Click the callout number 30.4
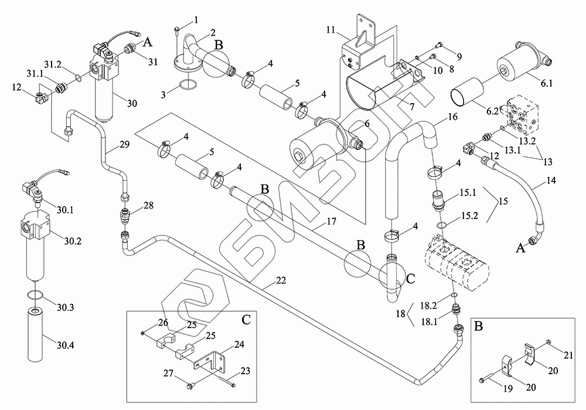(x=66, y=346)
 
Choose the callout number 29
(x=124, y=145)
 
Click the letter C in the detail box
(x=246, y=319)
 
